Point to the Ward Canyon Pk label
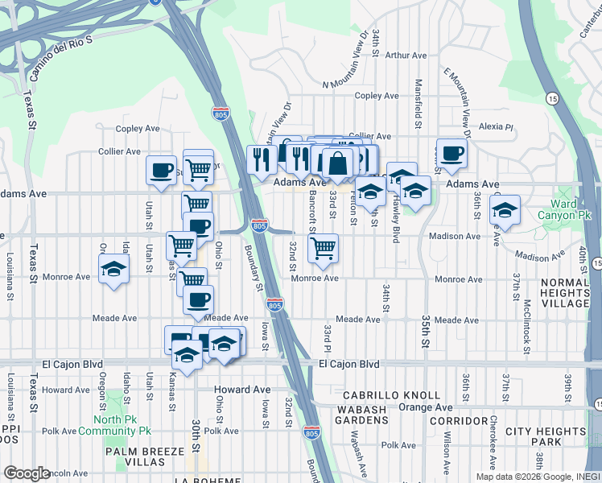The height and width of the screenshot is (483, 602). tap(571, 209)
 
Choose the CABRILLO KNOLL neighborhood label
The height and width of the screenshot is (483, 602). tap(391, 395)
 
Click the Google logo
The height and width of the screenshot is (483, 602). tap(27, 473)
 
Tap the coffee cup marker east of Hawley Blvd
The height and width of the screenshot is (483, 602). tap(451, 153)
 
